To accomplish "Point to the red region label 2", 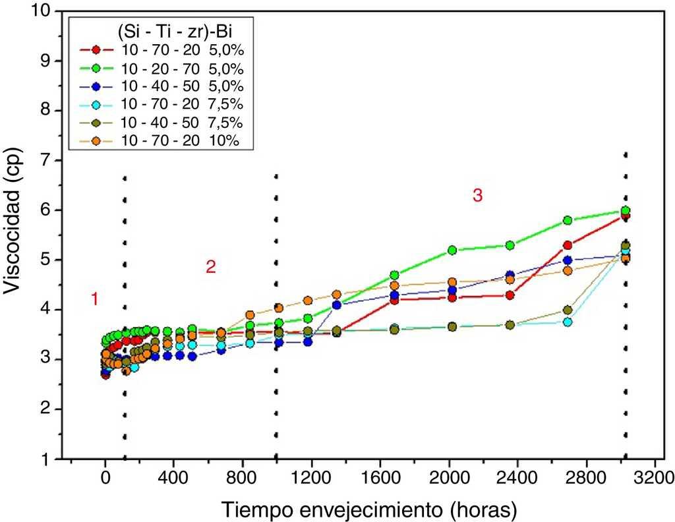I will (210, 267).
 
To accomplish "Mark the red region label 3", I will (477, 195).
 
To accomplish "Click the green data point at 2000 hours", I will (452, 250).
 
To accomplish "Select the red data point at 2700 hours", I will (568, 245).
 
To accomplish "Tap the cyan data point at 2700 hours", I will (568, 322).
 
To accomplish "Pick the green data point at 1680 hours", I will (395, 275).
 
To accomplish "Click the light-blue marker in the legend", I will (96, 104).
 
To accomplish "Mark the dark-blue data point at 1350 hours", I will (337, 304).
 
